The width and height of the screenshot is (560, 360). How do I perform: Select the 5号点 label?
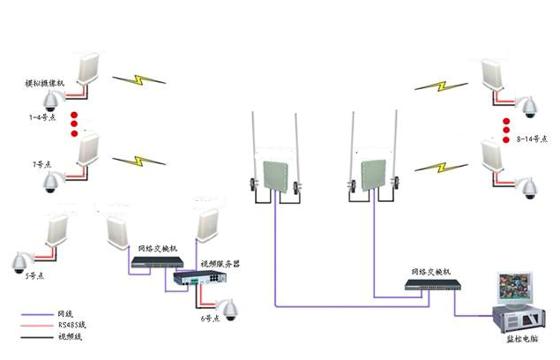[34, 276]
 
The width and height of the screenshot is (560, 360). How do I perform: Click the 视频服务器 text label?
[220, 264]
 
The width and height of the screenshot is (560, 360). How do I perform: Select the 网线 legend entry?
[64, 314]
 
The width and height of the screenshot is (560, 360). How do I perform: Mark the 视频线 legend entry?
[68, 337]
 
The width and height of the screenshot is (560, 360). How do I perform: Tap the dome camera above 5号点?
[19, 260]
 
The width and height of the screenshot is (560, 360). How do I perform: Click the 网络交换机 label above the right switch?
[431, 271]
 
